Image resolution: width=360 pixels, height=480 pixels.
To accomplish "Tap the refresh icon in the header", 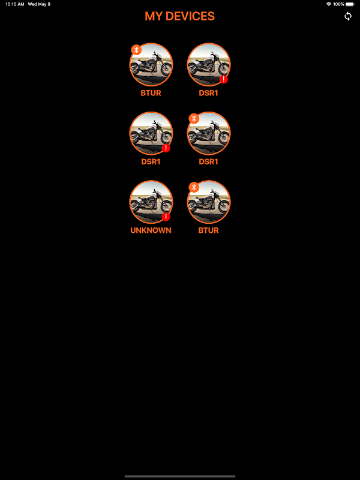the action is coord(348,16).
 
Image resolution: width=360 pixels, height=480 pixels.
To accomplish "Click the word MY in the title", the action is coord(154,16).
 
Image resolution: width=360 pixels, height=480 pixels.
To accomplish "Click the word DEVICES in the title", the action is coord(190,16).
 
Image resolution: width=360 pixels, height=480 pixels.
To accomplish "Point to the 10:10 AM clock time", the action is coord(14,4).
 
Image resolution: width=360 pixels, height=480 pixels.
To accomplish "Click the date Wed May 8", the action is coord(39,4).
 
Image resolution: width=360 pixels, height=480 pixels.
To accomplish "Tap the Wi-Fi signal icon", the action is coord(329,4).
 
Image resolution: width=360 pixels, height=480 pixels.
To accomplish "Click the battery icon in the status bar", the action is coord(350,4).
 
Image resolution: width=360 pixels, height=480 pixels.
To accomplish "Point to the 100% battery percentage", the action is coord(338,4).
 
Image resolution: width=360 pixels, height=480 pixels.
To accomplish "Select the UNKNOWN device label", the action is coord(151,230).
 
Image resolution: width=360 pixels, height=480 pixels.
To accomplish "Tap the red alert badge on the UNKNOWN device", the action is coord(166,217).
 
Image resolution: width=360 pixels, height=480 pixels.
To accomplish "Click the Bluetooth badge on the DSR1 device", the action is coord(194,118).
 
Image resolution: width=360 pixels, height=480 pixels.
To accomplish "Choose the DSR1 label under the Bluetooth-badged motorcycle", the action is coord(208,161).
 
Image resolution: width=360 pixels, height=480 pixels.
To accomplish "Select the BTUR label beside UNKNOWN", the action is coord(208,230).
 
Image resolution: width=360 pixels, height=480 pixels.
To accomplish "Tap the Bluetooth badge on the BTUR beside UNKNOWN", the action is coord(194,187).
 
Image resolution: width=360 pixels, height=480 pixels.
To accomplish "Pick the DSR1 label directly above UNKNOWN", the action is coord(151,161).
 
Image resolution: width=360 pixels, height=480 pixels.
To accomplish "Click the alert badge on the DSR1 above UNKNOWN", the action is coord(166,148).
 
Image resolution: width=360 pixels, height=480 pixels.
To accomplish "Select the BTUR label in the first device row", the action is coord(151,93).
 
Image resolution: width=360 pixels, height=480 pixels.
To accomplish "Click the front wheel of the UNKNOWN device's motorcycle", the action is coord(166,206).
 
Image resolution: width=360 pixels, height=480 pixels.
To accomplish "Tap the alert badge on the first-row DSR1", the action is coord(223,80).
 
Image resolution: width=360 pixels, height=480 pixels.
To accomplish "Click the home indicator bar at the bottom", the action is coord(180,476).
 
